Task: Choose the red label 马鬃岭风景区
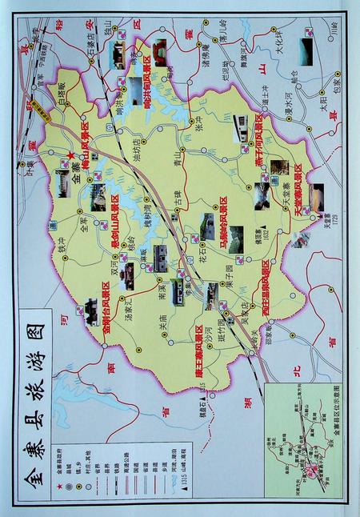point(225,219)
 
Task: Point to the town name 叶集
point(31,165)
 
